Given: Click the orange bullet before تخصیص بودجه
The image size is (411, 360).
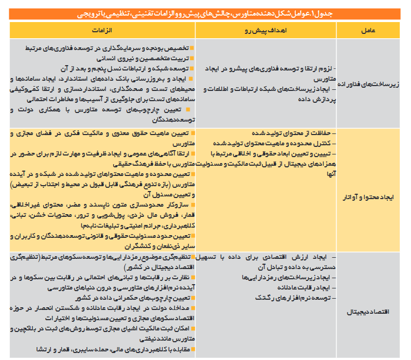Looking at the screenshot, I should point(192,48).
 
